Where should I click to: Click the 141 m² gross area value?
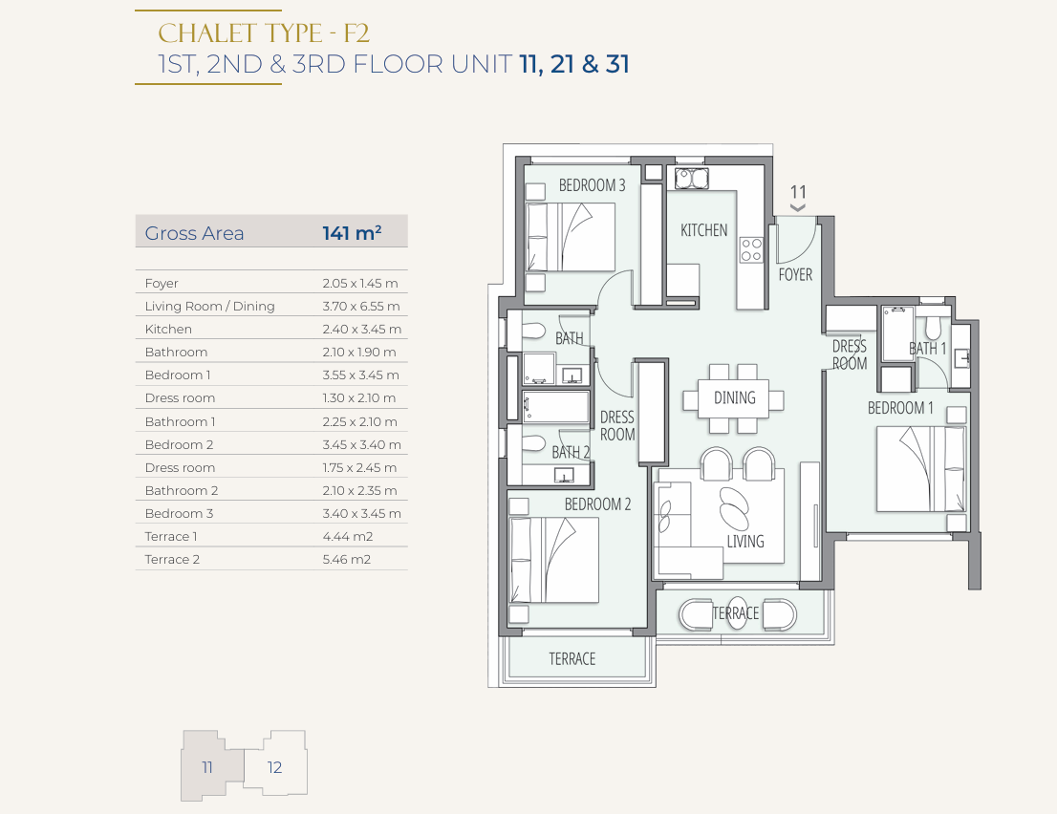pyautogui.click(x=351, y=232)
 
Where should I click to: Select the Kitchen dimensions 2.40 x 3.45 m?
pyautogui.click(x=361, y=329)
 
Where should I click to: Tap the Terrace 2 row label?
pyautogui.click(x=172, y=559)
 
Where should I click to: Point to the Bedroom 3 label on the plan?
pyautogui.click(x=592, y=185)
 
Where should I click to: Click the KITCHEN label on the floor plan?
pyautogui.click(x=703, y=230)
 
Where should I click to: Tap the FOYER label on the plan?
pyautogui.click(x=795, y=274)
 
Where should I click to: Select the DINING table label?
pyautogui.click(x=735, y=397)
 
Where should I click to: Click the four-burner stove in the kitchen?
pyautogui.click(x=751, y=249)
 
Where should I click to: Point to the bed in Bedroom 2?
pyautogui.click(x=555, y=560)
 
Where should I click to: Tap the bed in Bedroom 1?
pyautogui.click(x=921, y=468)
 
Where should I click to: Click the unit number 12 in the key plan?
pyautogui.click(x=274, y=767)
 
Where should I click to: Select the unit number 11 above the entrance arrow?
pyautogui.click(x=798, y=192)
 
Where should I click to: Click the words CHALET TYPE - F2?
pyautogui.click(x=264, y=33)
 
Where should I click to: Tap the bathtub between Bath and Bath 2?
pyautogui.click(x=555, y=407)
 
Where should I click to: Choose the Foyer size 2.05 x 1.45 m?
pyautogui.click(x=360, y=283)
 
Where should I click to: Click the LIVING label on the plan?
pyautogui.click(x=744, y=541)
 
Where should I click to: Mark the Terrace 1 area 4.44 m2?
pyautogui.click(x=347, y=536)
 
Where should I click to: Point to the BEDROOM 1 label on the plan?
pyautogui.click(x=900, y=408)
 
